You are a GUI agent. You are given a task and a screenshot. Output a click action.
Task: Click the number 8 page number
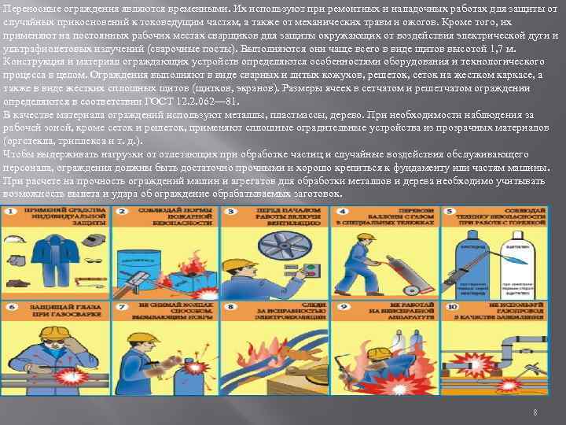pos(535,412)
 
